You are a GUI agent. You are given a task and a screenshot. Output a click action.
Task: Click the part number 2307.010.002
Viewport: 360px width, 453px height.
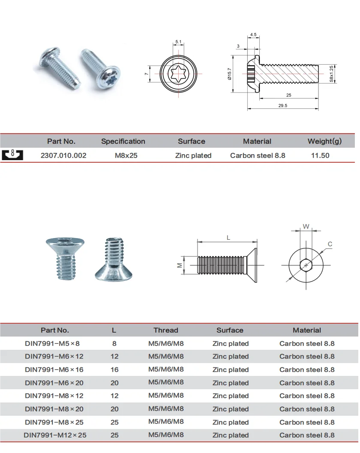[63, 155]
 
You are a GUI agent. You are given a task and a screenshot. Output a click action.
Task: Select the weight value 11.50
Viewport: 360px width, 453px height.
[320, 155]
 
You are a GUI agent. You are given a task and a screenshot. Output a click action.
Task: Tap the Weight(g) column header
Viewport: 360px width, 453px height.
[324, 141]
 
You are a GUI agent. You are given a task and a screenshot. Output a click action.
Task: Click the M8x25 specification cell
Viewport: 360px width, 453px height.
[126, 155]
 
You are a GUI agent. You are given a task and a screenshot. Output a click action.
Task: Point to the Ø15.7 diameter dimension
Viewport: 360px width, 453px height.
[230, 75]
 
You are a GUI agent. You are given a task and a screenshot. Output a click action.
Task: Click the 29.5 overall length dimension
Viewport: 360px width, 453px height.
[282, 105]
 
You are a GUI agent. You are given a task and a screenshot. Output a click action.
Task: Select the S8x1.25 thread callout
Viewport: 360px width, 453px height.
[331, 74]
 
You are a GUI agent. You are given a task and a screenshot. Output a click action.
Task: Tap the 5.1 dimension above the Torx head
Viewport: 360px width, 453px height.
[178, 42]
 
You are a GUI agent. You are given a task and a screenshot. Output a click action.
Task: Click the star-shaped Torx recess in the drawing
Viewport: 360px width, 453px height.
[178, 75]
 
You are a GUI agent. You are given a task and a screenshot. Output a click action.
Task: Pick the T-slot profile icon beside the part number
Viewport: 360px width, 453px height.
[12, 155]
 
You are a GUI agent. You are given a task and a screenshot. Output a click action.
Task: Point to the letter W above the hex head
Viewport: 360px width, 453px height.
[306, 226]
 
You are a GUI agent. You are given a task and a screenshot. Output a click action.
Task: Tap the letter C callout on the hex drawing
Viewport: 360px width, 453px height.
[330, 244]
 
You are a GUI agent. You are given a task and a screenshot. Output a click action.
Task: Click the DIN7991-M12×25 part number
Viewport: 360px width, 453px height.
[55, 435]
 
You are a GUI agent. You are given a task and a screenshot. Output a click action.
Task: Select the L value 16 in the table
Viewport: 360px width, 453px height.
[114, 370]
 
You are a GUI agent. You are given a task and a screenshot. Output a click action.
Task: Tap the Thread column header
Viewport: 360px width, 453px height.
[166, 330]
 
